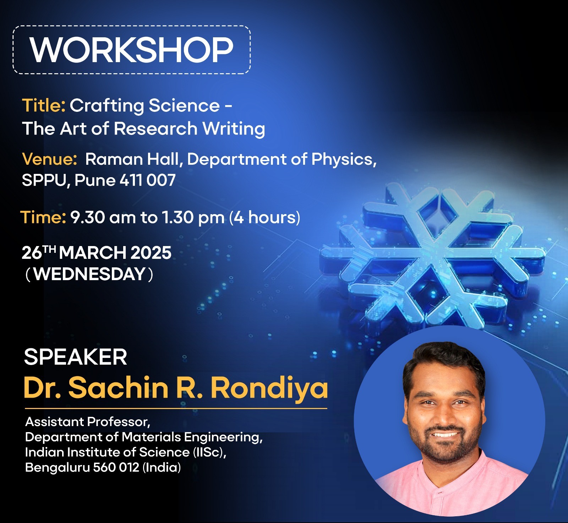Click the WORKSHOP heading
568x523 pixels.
[x=131, y=50]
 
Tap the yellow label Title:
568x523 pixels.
[x=44, y=105]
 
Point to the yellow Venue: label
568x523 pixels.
[x=49, y=159]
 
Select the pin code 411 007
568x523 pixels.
[x=147, y=180]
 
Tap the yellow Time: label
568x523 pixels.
[x=43, y=217]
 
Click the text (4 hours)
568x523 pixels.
[x=265, y=217]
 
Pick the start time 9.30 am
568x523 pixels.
[x=103, y=217]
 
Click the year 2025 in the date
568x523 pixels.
[x=151, y=253]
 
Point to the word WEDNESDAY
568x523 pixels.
[x=89, y=274]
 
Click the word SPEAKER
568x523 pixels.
[x=75, y=357]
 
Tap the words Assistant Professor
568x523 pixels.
[x=87, y=422]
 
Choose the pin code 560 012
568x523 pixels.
[x=116, y=467]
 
